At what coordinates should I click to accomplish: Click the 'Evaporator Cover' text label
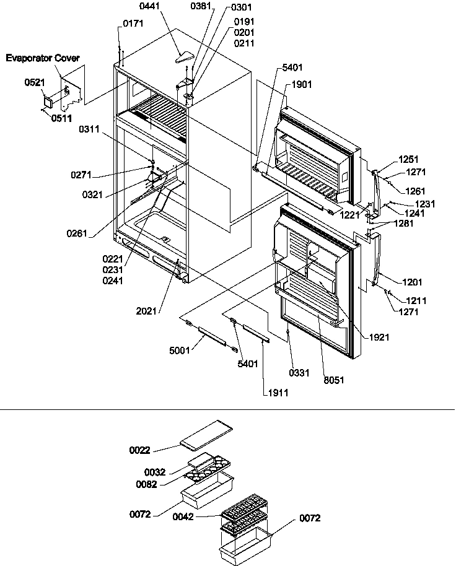(43, 58)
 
